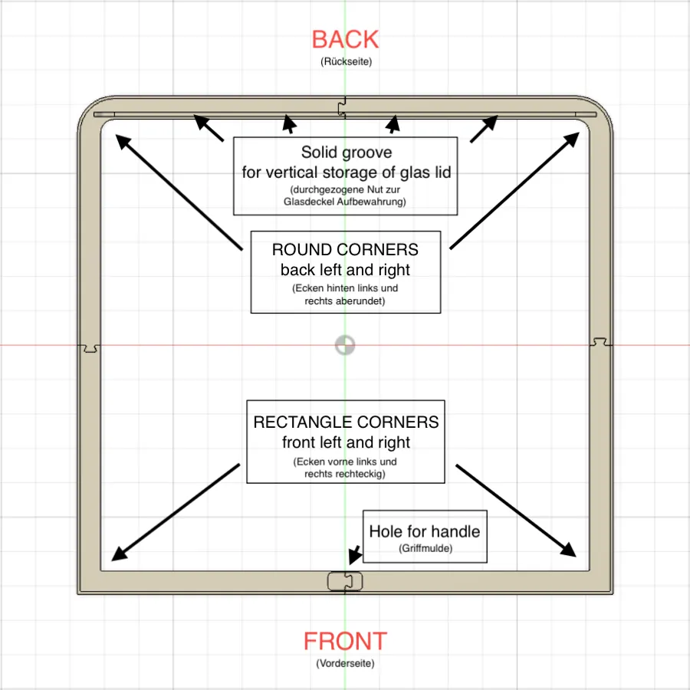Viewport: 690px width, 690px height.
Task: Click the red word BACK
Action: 345,39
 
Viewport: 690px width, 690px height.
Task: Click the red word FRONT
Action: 345,641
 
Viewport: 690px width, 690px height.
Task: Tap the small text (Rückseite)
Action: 345,61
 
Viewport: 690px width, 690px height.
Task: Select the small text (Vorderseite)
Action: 345,663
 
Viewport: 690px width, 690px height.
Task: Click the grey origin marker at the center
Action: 345,345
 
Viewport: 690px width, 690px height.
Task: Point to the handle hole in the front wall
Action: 345,581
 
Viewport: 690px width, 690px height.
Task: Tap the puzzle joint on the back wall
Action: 345,107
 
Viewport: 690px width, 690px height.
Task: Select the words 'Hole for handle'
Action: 424,531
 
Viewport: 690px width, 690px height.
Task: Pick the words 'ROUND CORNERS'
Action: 345,250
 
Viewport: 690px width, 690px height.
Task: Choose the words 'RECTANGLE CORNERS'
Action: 346,422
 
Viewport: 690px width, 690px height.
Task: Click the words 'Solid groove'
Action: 345,152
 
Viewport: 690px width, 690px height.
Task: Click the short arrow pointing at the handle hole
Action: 354,554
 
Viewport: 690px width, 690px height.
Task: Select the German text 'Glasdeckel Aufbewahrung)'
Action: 345,202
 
